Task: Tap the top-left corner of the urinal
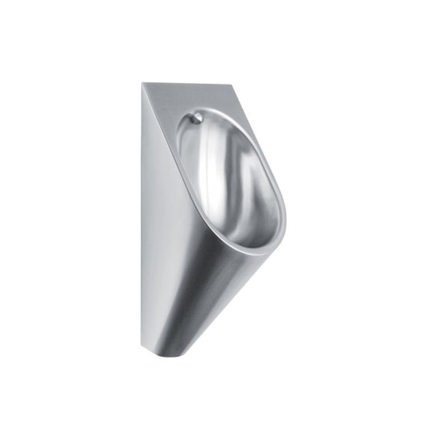click(143, 83)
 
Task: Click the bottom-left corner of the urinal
click(143, 345)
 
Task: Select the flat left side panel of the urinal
click(156, 215)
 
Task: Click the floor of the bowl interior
click(253, 232)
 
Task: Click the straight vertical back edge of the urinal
click(143, 215)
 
